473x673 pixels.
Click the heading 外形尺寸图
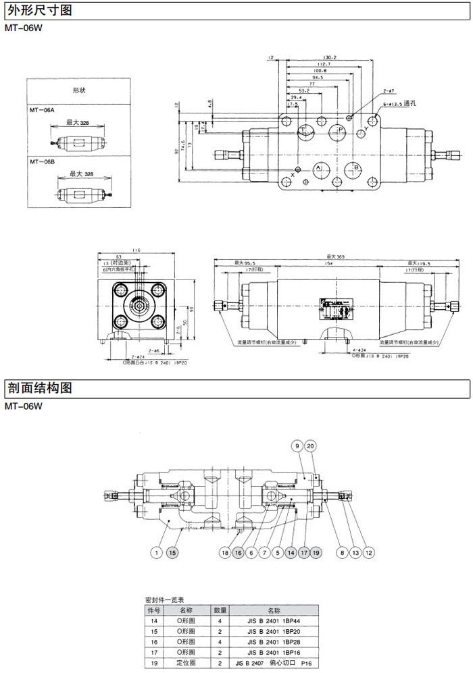[x=39, y=10]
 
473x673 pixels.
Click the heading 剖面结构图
[x=39, y=388]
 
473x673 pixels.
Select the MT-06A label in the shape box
[x=43, y=109]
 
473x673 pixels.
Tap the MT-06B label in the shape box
[x=43, y=162]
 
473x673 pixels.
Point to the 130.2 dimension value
[x=330, y=58]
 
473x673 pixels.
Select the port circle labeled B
[x=353, y=167]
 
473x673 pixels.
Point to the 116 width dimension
[x=136, y=250]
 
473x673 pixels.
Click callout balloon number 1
[x=156, y=553]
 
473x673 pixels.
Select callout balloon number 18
[x=225, y=553]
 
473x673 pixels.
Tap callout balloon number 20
[x=310, y=446]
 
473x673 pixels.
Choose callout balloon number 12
[x=368, y=553]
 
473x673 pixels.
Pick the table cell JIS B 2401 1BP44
[x=273, y=620]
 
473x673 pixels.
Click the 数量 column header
[x=220, y=609]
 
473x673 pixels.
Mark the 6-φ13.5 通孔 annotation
[x=401, y=105]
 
